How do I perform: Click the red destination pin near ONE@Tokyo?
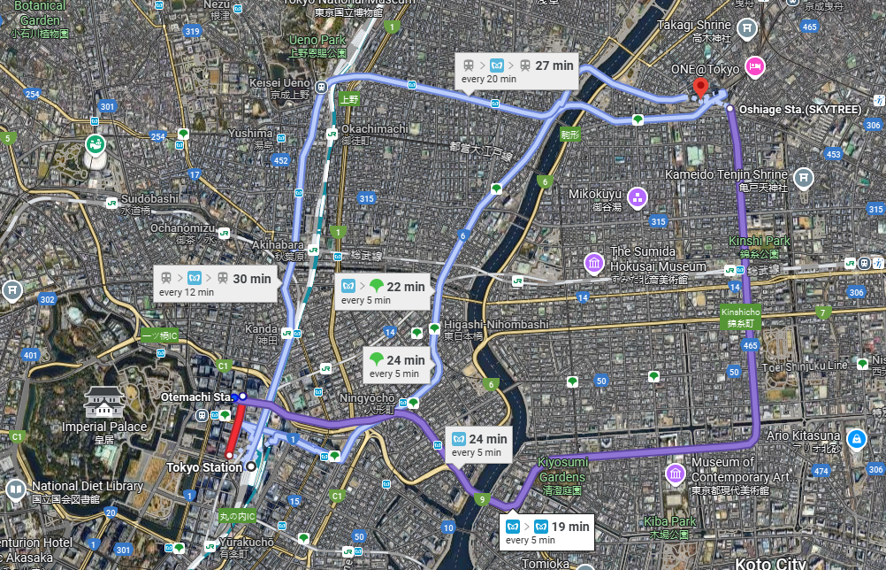coord(700,88)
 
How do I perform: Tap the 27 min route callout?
coord(517,72)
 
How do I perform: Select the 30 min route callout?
coord(215,284)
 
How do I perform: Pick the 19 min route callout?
coord(546,532)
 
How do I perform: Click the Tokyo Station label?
coord(203,467)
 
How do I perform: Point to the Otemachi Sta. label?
coord(195,397)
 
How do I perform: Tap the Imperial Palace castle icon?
coord(103,404)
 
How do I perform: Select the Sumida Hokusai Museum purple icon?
coord(593,263)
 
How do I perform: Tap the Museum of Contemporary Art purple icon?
coord(676,474)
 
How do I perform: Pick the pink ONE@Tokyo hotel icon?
coord(754,65)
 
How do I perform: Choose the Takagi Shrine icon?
coord(748,27)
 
